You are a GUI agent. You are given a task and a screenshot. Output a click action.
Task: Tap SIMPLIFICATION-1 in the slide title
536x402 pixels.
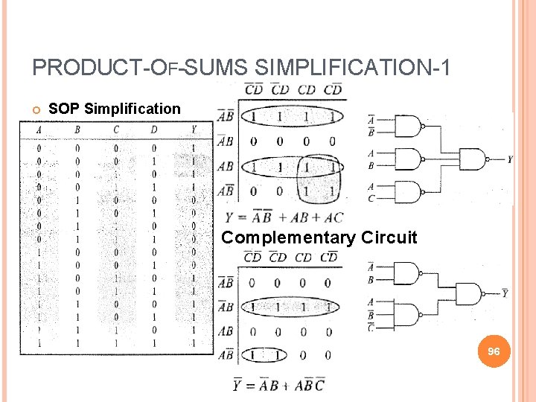pyautogui.click(x=353, y=68)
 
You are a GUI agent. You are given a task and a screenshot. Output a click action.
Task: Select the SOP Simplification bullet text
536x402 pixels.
pyautogui.click(x=114, y=109)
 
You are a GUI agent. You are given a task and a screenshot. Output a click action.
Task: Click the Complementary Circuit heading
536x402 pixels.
pyautogui.click(x=319, y=238)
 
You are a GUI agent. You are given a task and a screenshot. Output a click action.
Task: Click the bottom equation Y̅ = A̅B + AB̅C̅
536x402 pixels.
pyautogui.click(x=280, y=385)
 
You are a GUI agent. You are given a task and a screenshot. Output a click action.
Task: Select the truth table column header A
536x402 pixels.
pyautogui.click(x=38, y=131)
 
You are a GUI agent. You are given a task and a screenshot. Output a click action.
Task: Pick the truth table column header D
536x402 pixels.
pyautogui.click(x=153, y=131)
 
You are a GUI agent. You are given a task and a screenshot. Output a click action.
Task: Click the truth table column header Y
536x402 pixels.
pyautogui.click(x=193, y=131)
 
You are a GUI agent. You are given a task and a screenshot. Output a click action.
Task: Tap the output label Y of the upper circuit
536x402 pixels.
pyautogui.click(x=509, y=159)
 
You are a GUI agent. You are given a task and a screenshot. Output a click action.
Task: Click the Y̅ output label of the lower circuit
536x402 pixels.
pyautogui.click(x=505, y=293)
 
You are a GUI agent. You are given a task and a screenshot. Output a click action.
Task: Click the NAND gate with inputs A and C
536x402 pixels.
pyautogui.click(x=408, y=192)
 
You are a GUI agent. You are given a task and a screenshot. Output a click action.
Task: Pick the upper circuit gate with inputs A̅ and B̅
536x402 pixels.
pyautogui.click(x=408, y=127)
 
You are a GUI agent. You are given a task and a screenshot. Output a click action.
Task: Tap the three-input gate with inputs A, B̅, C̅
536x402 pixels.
pyautogui.click(x=408, y=313)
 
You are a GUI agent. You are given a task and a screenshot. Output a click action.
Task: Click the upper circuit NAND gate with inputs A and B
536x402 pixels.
pyautogui.click(x=408, y=159)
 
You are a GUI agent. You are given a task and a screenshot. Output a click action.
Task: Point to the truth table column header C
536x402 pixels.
pyautogui.click(x=115, y=131)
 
